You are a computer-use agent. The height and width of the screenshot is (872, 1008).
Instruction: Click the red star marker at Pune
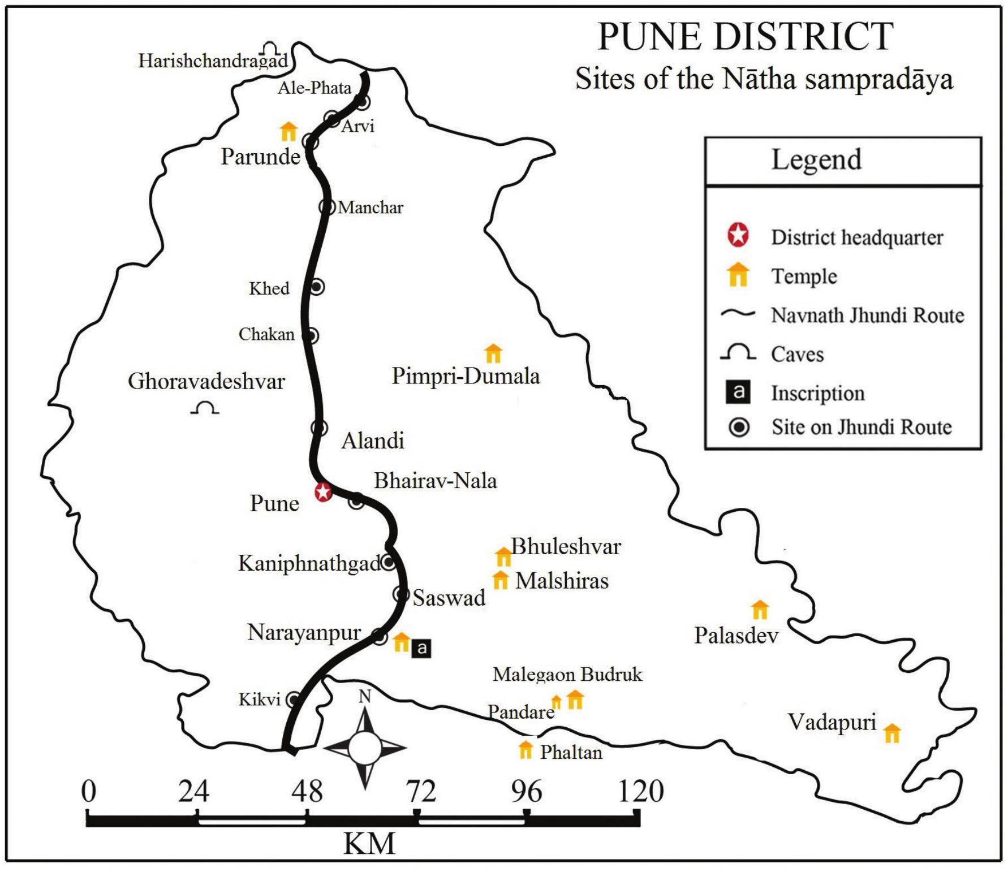322,491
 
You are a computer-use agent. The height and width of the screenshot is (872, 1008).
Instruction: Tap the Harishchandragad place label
213,61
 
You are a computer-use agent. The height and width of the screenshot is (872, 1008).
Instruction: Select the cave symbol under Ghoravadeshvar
205,408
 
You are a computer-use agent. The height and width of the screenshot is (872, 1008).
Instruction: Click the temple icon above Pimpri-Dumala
493,353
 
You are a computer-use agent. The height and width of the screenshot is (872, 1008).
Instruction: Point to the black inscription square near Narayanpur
421,648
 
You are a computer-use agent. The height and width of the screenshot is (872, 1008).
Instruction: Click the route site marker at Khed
317,287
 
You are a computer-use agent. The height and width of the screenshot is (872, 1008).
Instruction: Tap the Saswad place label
449,598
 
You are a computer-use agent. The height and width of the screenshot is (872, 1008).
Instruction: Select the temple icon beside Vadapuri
891,733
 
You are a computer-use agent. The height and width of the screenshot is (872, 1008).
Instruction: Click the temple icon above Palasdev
760,610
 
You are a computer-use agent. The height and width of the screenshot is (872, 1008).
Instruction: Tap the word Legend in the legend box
816,159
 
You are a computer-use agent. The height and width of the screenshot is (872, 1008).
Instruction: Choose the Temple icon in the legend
738,275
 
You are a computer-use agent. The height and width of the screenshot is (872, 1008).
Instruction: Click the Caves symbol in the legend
738,353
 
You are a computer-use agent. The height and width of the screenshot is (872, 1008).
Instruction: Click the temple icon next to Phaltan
525,749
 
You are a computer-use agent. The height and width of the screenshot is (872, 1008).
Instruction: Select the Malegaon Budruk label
567,674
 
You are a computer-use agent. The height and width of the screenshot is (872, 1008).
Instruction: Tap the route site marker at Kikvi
292,700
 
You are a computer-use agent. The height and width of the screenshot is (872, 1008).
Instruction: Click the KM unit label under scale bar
369,844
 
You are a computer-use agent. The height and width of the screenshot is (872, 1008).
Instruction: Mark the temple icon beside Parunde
288,131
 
